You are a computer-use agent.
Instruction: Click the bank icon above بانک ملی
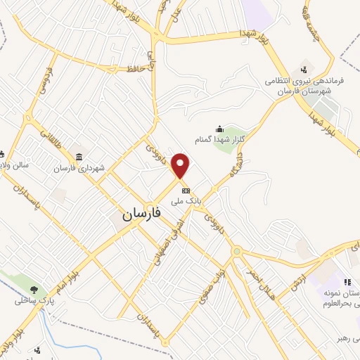[x=186, y=191]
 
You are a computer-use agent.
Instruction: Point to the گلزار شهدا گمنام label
[x=221, y=139]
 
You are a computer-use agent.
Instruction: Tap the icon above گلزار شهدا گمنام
[x=220, y=129]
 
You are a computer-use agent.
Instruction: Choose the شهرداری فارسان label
[x=80, y=169]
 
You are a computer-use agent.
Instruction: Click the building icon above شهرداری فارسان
[x=78, y=157]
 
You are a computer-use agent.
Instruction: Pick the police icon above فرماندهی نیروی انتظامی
[x=303, y=69]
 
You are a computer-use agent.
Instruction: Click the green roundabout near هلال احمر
[x=237, y=251]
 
